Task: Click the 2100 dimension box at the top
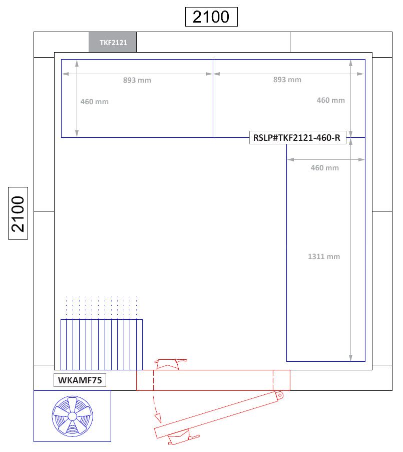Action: click(211, 17)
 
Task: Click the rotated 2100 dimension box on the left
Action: click(18, 214)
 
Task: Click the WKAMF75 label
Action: click(80, 380)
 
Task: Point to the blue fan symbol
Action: click(73, 416)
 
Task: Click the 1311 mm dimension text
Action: click(324, 257)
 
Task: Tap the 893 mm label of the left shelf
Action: click(137, 80)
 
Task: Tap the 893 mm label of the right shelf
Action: click(287, 80)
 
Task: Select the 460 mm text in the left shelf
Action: click(94, 102)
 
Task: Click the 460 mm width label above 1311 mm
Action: click(324, 168)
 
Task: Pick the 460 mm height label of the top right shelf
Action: click(330, 100)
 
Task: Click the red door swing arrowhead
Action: click(159, 415)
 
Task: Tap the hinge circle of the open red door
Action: click(279, 395)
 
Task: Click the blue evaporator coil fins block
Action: click(102, 343)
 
